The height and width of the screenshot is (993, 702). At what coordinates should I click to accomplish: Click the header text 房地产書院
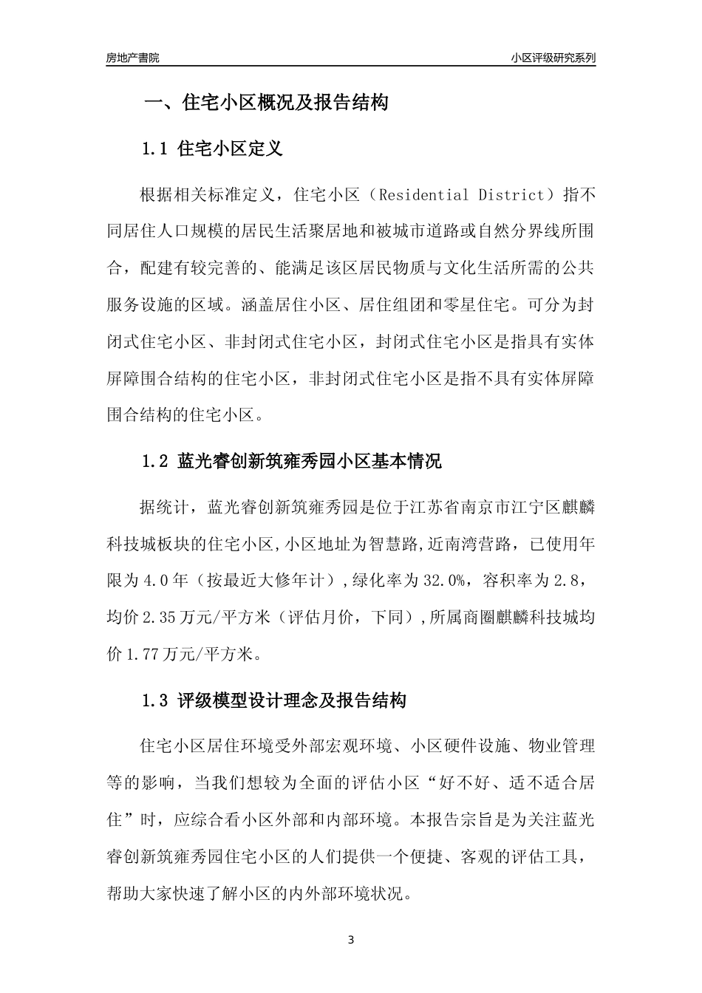133,57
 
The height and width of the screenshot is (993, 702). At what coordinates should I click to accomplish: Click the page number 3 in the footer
351,940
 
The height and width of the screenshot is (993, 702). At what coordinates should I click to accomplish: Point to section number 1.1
156,149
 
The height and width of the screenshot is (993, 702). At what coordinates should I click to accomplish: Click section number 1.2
156,462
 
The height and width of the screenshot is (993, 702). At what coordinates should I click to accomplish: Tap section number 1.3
156,700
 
